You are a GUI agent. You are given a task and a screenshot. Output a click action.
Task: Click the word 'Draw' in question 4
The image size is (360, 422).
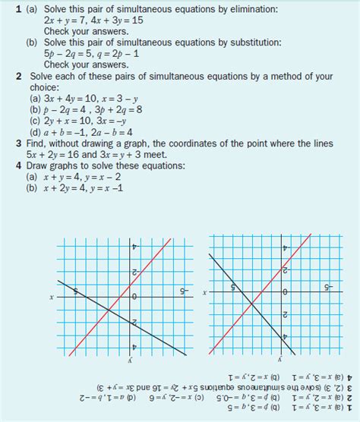[x=39, y=165]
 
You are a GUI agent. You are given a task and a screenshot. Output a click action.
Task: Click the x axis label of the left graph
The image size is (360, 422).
[x=52, y=297]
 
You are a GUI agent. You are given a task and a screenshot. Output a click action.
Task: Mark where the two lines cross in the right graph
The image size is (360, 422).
[x=252, y=305]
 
